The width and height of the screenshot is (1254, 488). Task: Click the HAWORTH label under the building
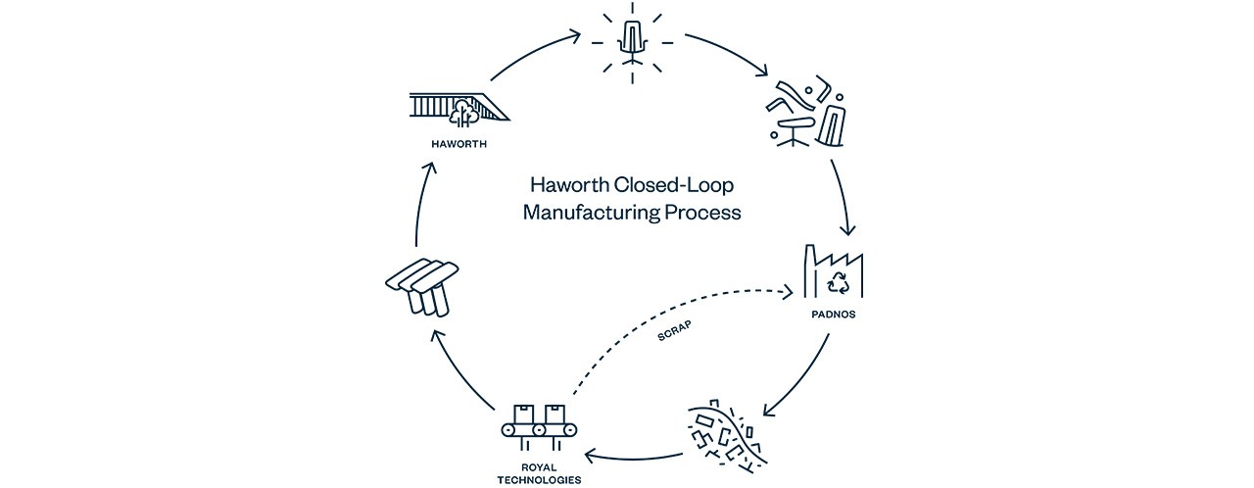[x=459, y=145]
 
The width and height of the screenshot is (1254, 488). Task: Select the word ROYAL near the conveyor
[x=541, y=467]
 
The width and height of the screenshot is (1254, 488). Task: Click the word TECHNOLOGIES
[x=541, y=480]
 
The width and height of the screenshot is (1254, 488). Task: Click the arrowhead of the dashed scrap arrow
[x=791, y=292]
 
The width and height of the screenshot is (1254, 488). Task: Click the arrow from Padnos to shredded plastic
[x=797, y=376]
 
